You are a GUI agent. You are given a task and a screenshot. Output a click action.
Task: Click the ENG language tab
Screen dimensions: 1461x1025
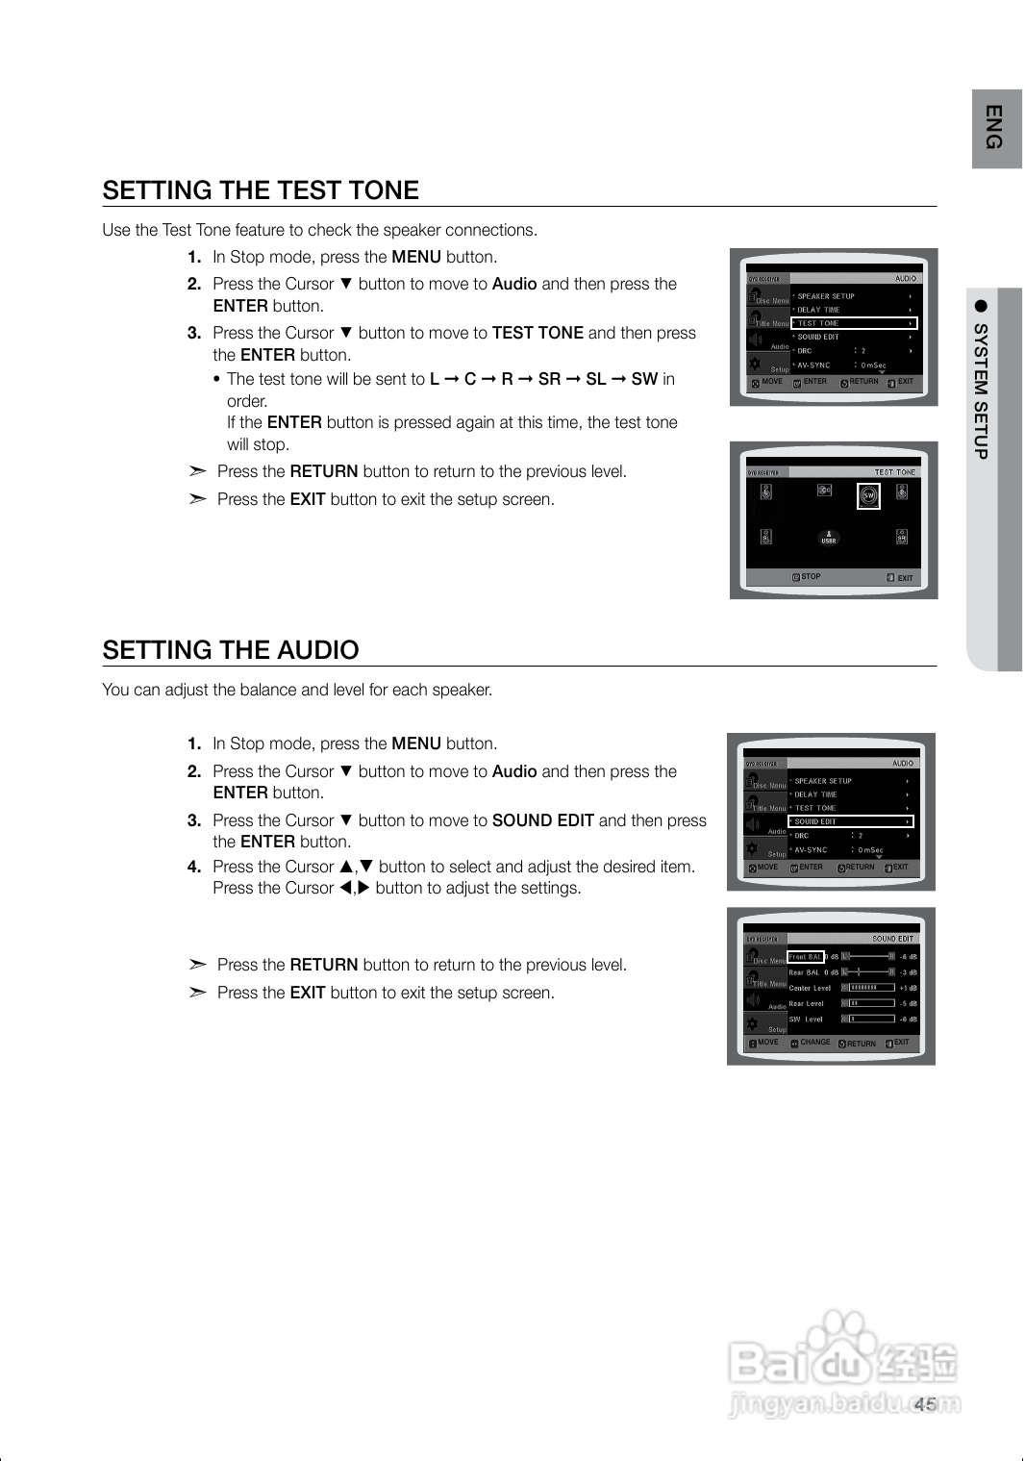pyautogui.click(x=995, y=128)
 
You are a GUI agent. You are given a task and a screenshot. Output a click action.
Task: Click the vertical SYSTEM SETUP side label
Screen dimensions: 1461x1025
pyautogui.click(x=981, y=390)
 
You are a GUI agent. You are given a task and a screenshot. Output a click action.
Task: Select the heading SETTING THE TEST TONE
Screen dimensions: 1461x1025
pyautogui.click(x=261, y=190)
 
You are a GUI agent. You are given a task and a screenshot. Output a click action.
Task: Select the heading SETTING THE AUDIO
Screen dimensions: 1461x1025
pyautogui.click(x=231, y=650)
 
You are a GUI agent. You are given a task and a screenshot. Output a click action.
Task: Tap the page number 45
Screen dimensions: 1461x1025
pyautogui.click(x=925, y=1404)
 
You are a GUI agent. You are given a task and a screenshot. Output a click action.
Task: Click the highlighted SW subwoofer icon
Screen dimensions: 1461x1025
pyautogui.click(x=868, y=495)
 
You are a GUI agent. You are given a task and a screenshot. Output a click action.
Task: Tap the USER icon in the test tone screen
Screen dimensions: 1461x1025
pyautogui.click(x=828, y=538)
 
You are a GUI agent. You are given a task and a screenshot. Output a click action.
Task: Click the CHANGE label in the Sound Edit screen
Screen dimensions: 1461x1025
pyautogui.click(x=814, y=1043)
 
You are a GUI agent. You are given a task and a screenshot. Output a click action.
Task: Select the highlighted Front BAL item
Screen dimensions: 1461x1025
pyautogui.click(x=806, y=957)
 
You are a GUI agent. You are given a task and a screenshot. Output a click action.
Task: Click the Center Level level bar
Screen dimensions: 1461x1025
pyautogui.click(x=869, y=988)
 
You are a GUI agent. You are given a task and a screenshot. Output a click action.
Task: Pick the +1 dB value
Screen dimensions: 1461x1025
pyautogui.click(x=908, y=988)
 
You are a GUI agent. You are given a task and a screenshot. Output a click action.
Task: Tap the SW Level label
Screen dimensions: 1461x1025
pyautogui.click(x=806, y=1020)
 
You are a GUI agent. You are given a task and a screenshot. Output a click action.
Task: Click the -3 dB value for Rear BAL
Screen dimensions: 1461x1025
pyautogui.click(x=908, y=972)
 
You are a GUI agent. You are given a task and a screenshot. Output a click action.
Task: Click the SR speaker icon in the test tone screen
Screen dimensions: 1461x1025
pyautogui.click(x=901, y=537)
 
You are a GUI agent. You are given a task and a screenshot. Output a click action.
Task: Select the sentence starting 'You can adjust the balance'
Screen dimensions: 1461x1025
pyautogui.click(x=297, y=690)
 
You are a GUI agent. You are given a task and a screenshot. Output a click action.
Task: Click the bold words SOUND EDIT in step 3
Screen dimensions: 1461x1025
pyautogui.click(x=542, y=820)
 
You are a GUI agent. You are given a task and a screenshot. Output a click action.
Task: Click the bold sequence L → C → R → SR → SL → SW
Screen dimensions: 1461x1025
pyautogui.click(x=543, y=379)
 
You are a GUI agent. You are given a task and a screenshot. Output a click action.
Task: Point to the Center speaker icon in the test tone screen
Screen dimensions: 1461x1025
pyautogui.click(x=824, y=491)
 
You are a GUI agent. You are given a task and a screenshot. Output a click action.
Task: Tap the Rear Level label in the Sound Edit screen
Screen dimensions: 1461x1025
pyautogui.click(x=806, y=1003)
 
